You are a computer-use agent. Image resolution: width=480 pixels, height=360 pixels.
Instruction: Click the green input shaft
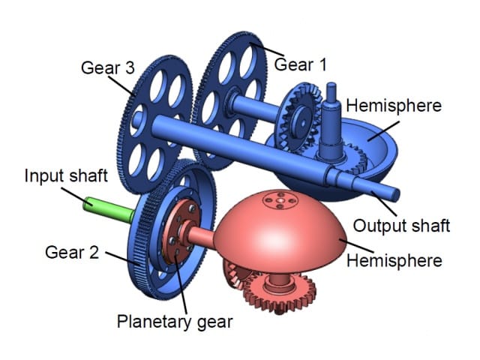pyautogui.click(x=109, y=209)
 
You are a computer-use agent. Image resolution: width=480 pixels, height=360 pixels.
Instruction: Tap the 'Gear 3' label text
pyautogui.click(x=108, y=67)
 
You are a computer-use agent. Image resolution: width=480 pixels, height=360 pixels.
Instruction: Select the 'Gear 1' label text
pyautogui.click(x=300, y=64)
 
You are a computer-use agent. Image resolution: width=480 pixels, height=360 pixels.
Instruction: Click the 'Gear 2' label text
pyautogui.click(x=72, y=253)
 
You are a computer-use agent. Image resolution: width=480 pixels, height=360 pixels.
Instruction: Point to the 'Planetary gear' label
pyautogui.click(x=175, y=322)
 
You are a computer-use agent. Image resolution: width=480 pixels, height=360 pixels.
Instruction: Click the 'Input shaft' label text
pyautogui.click(x=66, y=175)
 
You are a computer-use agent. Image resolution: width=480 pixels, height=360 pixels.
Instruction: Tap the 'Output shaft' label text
pyautogui.click(x=401, y=226)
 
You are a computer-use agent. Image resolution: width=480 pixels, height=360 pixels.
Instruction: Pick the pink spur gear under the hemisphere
pyautogui.click(x=280, y=293)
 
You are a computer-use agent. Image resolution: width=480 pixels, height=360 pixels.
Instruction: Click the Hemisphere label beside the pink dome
pyautogui.click(x=394, y=261)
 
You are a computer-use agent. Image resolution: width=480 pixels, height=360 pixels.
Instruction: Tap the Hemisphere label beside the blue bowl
pyautogui.click(x=394, y=106)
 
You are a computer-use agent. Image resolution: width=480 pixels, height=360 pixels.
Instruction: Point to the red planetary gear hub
pyautogui.click(x=180, y=232)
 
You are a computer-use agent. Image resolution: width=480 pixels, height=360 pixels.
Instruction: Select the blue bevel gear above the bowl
pyautogui.click(x=299, y=118)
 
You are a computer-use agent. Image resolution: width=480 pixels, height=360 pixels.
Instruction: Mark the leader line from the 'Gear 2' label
pyautogui.click(x=123, y=258)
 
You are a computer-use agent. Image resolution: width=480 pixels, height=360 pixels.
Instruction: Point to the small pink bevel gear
pyautogui.click(x=234, y=274)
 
